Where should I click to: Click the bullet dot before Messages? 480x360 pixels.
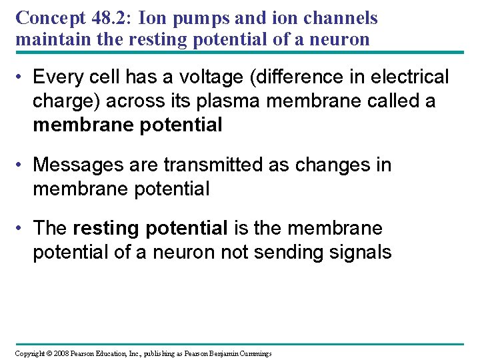(21, 165)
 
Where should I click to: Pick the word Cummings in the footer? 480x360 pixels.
(253, 353)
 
